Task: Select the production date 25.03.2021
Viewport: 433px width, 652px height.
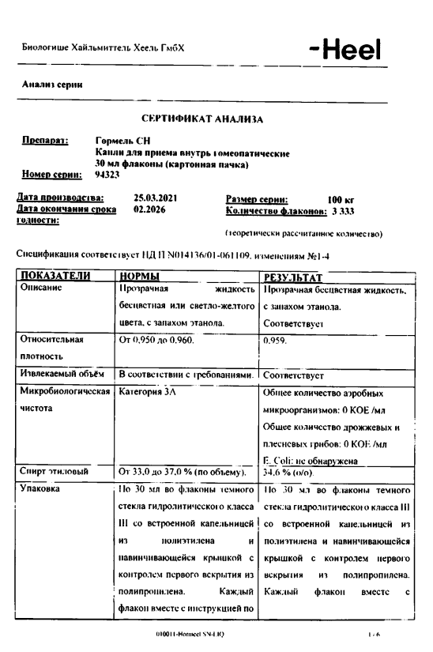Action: coord(156,198)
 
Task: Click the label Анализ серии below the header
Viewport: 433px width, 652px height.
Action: coord(54,85)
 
